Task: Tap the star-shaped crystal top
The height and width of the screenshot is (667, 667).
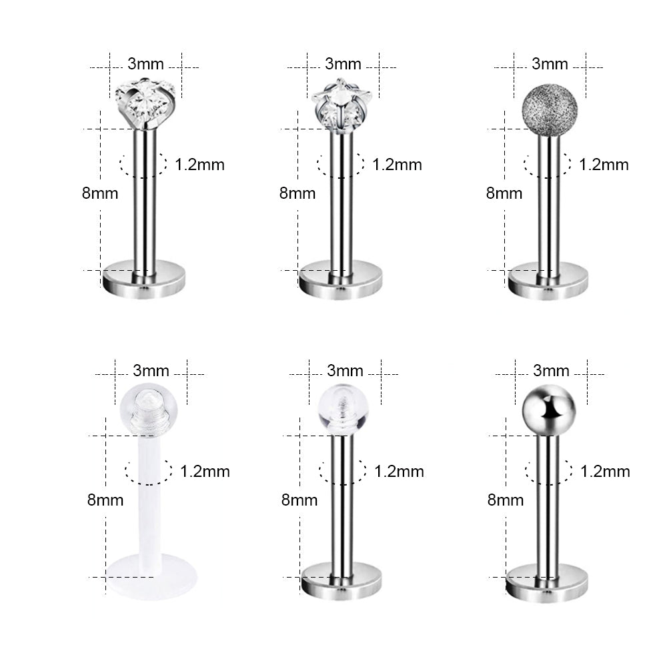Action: point(341,104)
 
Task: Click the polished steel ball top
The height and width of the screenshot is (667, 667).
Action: point(548,409)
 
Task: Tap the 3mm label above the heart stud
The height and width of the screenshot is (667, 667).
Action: point(145,64)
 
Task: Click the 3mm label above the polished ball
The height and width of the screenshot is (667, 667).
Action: point(551,370)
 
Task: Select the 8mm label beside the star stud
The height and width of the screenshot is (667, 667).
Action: point(297,193)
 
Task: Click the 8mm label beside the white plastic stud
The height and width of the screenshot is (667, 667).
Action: point(105,500)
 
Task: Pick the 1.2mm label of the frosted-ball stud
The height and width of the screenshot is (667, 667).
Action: point(604,164)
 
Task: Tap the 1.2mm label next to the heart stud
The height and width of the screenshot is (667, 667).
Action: point(199,164)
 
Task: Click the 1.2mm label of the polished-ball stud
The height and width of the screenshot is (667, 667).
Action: point(605,471)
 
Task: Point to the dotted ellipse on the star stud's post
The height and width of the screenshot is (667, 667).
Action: point(341,164)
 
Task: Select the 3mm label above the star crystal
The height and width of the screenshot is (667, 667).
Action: point(343,64)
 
